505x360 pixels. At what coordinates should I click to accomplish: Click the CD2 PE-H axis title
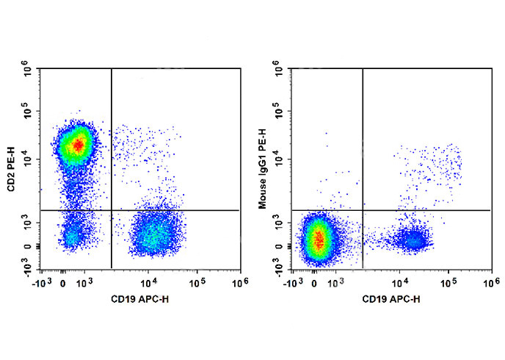click(13, 170)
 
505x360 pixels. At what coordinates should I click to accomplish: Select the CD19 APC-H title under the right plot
click(392, 298)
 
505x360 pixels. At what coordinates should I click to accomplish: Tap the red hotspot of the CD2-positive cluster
click(77, 145)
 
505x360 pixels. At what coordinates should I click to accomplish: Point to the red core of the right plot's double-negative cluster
click(318, 238)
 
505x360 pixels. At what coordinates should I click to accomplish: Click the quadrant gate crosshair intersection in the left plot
click(111, 210)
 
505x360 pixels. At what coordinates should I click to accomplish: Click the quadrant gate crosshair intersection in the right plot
click(363, 210)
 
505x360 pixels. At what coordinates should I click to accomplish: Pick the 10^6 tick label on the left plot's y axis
click(29, 71)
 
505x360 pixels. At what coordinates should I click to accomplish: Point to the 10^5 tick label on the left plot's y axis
click(29, 114)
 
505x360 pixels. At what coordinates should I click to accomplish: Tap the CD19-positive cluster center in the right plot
click(413, 240)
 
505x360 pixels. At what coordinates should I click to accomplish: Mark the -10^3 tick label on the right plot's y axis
click(279, 269)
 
